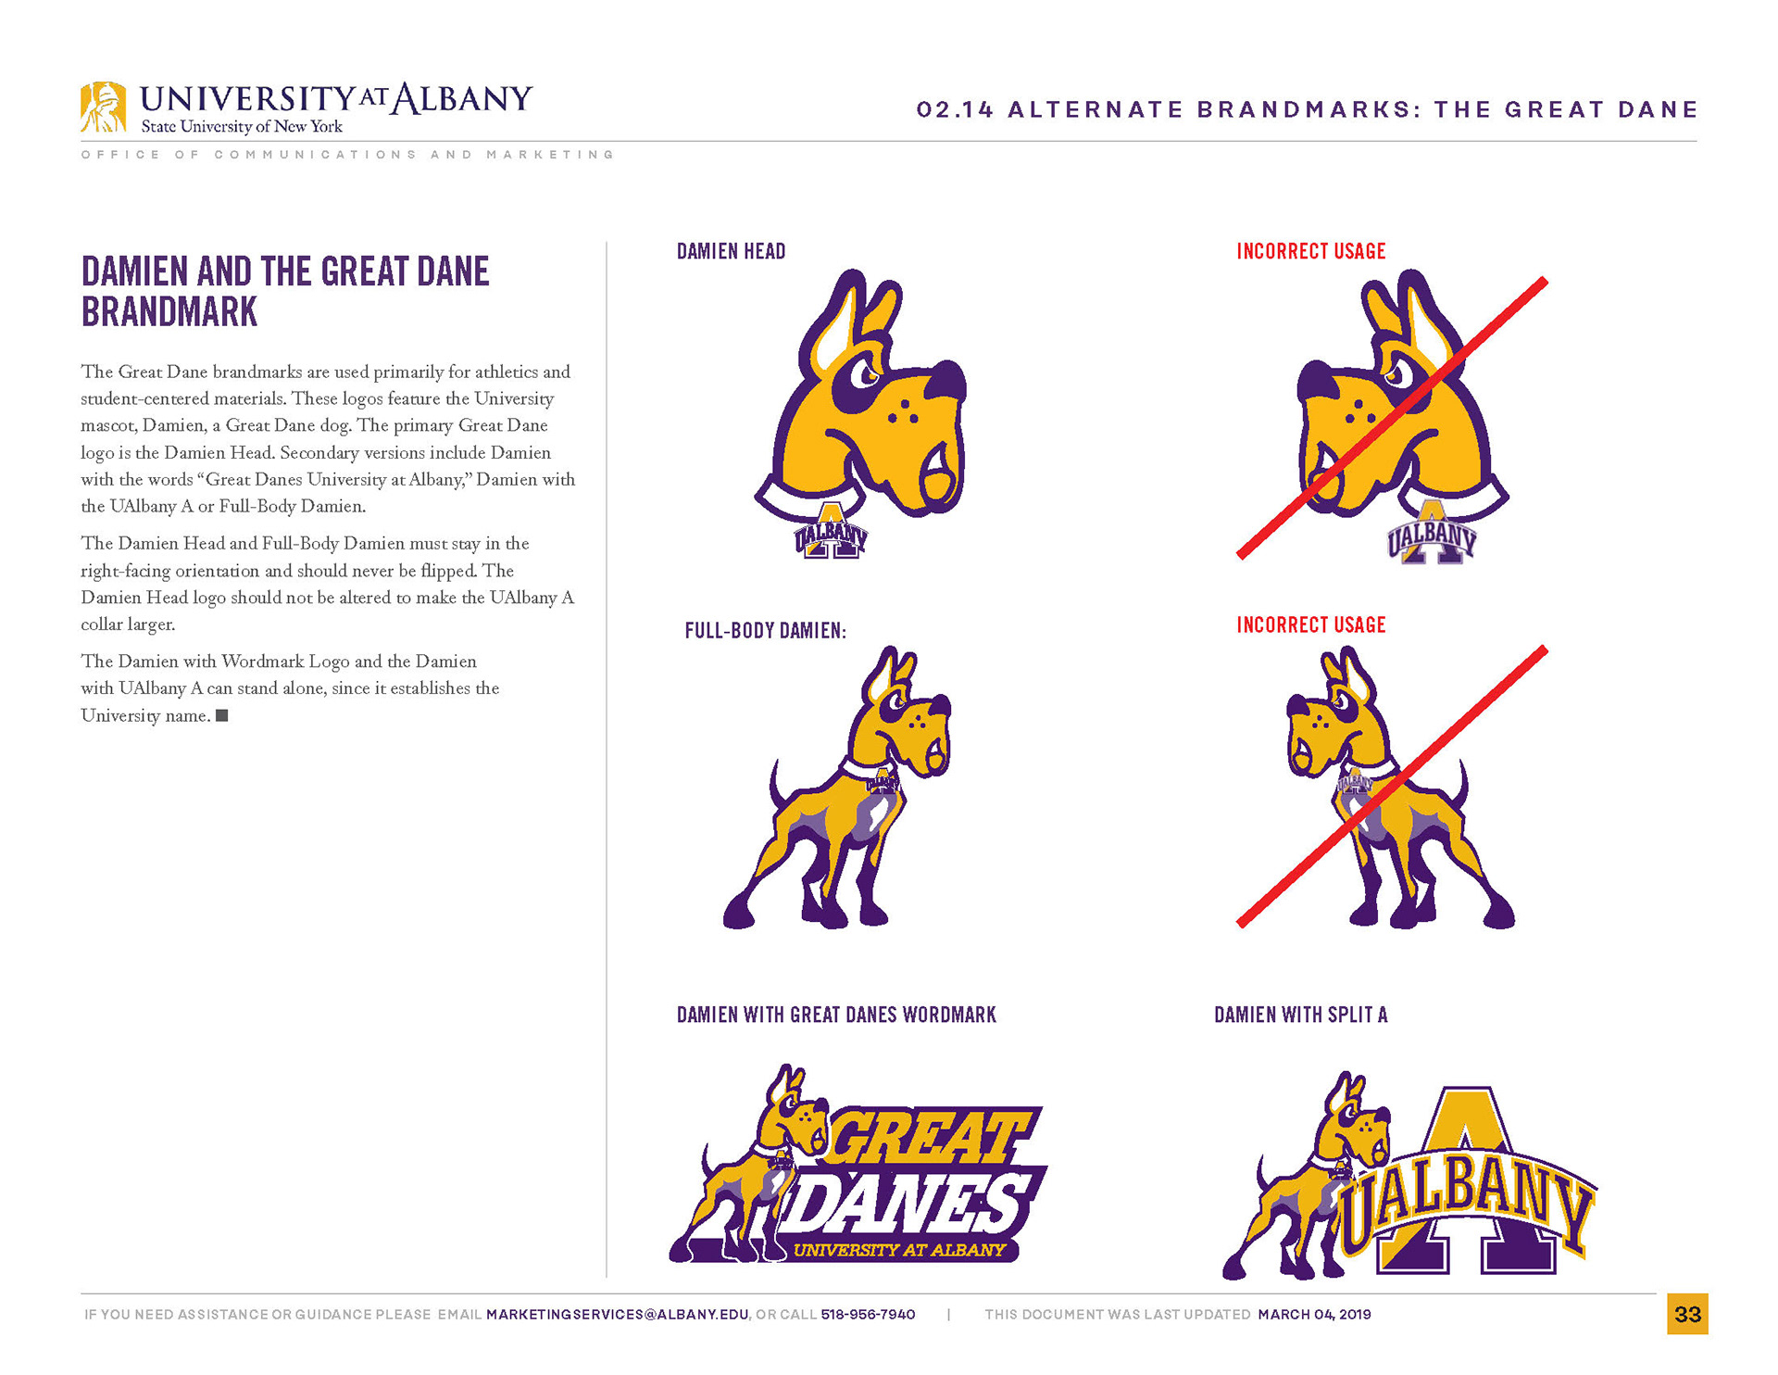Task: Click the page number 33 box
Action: (x=1687, y=1314)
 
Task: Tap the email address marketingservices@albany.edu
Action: (x=617, y=1315)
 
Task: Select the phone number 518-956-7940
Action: (x=868, y=1315)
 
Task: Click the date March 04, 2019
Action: (x=1314, y=1315)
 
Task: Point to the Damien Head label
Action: (x=731, y=251)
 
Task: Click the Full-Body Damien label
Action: (x=765, y=631)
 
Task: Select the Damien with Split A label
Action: (x=1300, y=1015)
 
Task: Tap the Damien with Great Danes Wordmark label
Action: (x=836, y=1015)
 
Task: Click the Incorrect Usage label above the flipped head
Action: (x=1310, y=251)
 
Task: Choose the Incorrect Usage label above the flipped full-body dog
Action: (x=1310, y=624)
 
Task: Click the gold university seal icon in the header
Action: (x=103, y=107)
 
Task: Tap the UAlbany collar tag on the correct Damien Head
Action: (x=830, y=535)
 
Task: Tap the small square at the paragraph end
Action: (x=221, y=715)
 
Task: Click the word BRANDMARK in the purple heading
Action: (x=169, y=312)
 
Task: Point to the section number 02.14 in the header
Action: (x=954, y=110)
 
